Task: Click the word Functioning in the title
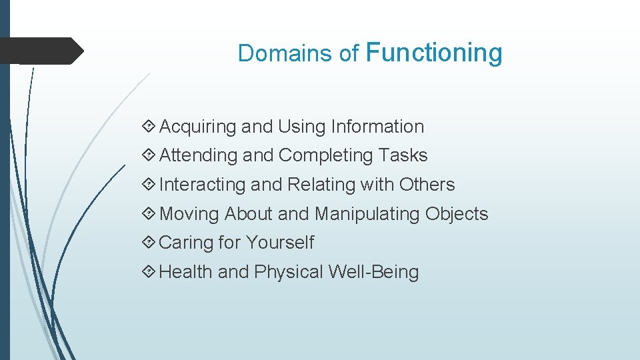click(x=434, y=53)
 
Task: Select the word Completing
click(x=325, y=155)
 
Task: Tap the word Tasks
click(x=403, y=155)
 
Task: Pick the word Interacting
click(x=202, y=185)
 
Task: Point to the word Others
click(x=427, y=185)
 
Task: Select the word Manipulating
click(x=367, y=214)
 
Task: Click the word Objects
click(x=457, y=214)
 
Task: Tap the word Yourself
click(x=279, y=243)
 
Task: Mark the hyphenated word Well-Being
click(x=373, y=272)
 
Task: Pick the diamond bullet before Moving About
click(x=149, y=214)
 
